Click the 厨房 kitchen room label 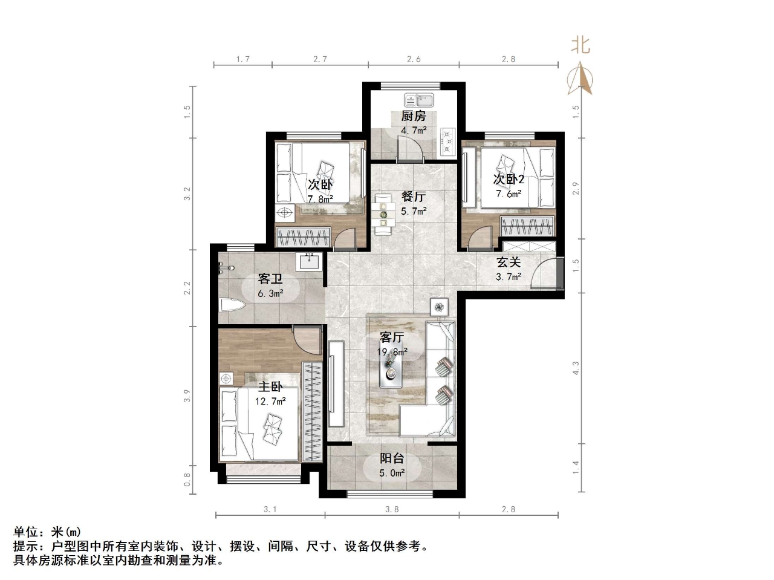click(414, 116)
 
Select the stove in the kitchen click(448, 141)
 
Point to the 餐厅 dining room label click(414, 197)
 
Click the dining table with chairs click(383, 214)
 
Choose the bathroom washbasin click(310, 261)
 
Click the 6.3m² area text click(270, 294)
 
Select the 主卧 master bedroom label click(270, 386)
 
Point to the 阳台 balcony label click(392, 458)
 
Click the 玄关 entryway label click(509, 262)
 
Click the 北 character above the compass click(580, 45)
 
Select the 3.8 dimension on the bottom click(392, 509)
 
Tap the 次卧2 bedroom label click(509, 179)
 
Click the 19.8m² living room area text click(392, 351)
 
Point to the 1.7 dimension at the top click(243, 59)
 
